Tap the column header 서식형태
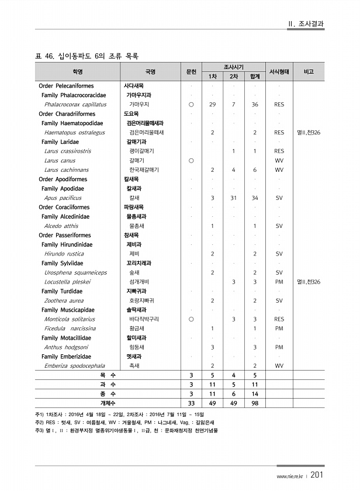click(279, 72)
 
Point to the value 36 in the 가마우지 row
click(255, 104)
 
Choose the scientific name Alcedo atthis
click(61, 226)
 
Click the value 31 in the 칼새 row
click(233, 198)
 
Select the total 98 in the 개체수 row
click(255, 403)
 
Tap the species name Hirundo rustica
click(64, 254)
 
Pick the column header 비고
click(309, 72)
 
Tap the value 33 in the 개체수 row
click(191, 403)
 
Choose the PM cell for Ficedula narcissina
click(279, 329)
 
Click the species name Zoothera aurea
click(64, 300)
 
